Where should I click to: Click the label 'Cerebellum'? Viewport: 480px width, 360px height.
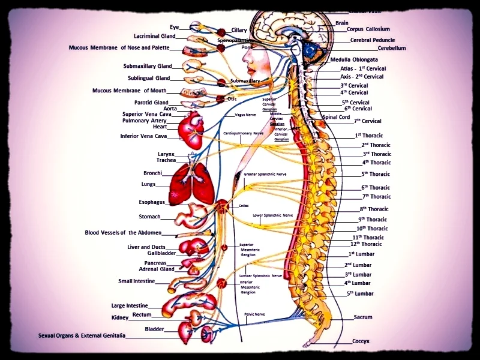(392, 48)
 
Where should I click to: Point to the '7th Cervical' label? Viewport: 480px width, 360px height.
(367, 121)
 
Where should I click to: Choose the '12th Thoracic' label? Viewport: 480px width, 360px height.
(365, 244)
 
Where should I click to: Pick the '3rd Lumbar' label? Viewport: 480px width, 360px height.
(358, 274)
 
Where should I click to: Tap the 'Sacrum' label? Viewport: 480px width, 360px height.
(363, 317)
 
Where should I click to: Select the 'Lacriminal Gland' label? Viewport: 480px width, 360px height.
(154, 36)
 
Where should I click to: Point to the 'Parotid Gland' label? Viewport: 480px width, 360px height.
(151, 103)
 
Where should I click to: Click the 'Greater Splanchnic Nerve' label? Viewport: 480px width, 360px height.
(265, 174)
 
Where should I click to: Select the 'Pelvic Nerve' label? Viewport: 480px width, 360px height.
(254, 313)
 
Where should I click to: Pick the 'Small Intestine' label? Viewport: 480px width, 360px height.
(136, 281)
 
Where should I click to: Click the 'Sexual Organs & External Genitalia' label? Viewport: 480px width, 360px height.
(82, 336)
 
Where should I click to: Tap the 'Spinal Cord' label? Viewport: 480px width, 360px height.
(336, 117)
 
